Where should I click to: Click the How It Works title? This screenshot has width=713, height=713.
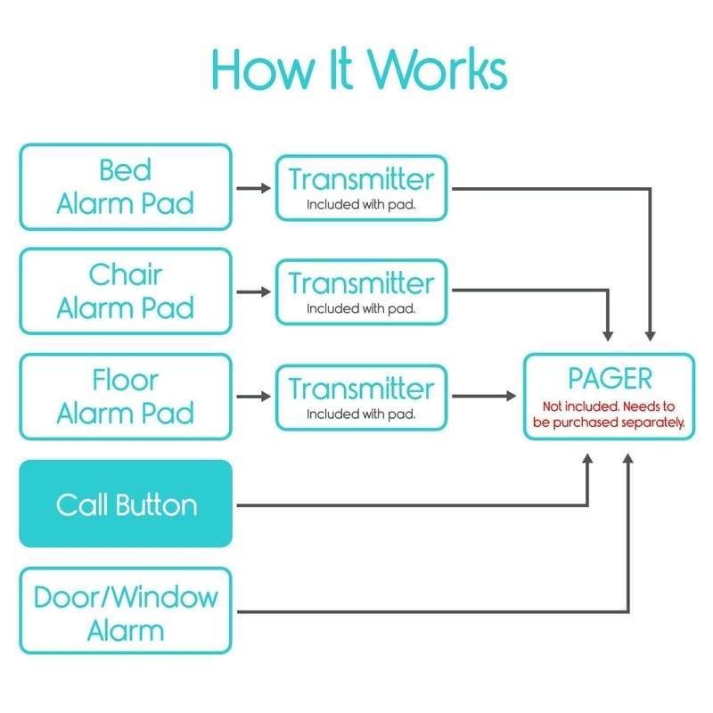click(x=359, y=69)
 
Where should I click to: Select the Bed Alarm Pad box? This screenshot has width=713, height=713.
click(x=125, y=187)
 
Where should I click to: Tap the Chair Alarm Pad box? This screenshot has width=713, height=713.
click(x=125, y=291)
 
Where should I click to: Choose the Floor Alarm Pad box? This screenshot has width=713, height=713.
click(x=125, y=397)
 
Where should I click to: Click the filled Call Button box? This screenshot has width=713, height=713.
click(x=125, y=504)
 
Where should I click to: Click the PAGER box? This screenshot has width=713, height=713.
click(x=609, y=396)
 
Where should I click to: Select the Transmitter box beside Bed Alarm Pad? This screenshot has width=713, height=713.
click(x=360, y=188)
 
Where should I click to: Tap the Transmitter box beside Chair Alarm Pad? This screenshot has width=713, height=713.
click(x=360, y=291)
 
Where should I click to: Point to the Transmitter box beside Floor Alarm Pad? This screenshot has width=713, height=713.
click(x=360, y=397)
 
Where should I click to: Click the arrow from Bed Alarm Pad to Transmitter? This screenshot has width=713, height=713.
click(x=254, y=188)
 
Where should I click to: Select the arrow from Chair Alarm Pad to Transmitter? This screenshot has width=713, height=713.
click(x=254, y=291)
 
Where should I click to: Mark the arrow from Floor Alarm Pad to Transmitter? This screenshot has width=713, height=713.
click(x=254, y=397)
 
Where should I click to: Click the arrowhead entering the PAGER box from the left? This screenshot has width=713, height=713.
click(x=511, y=396)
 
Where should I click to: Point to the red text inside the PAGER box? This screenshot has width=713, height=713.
click(x=609, y=414)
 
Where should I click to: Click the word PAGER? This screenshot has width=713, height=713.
click(x=610, y=379)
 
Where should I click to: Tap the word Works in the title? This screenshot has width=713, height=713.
click(x=437, y=69)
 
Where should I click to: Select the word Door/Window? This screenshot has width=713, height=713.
click(x=125, y=596)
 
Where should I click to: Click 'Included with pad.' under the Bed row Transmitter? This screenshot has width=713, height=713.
click(x=360, y=204)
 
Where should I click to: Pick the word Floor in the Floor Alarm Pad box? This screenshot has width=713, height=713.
click(x=125, y=381)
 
